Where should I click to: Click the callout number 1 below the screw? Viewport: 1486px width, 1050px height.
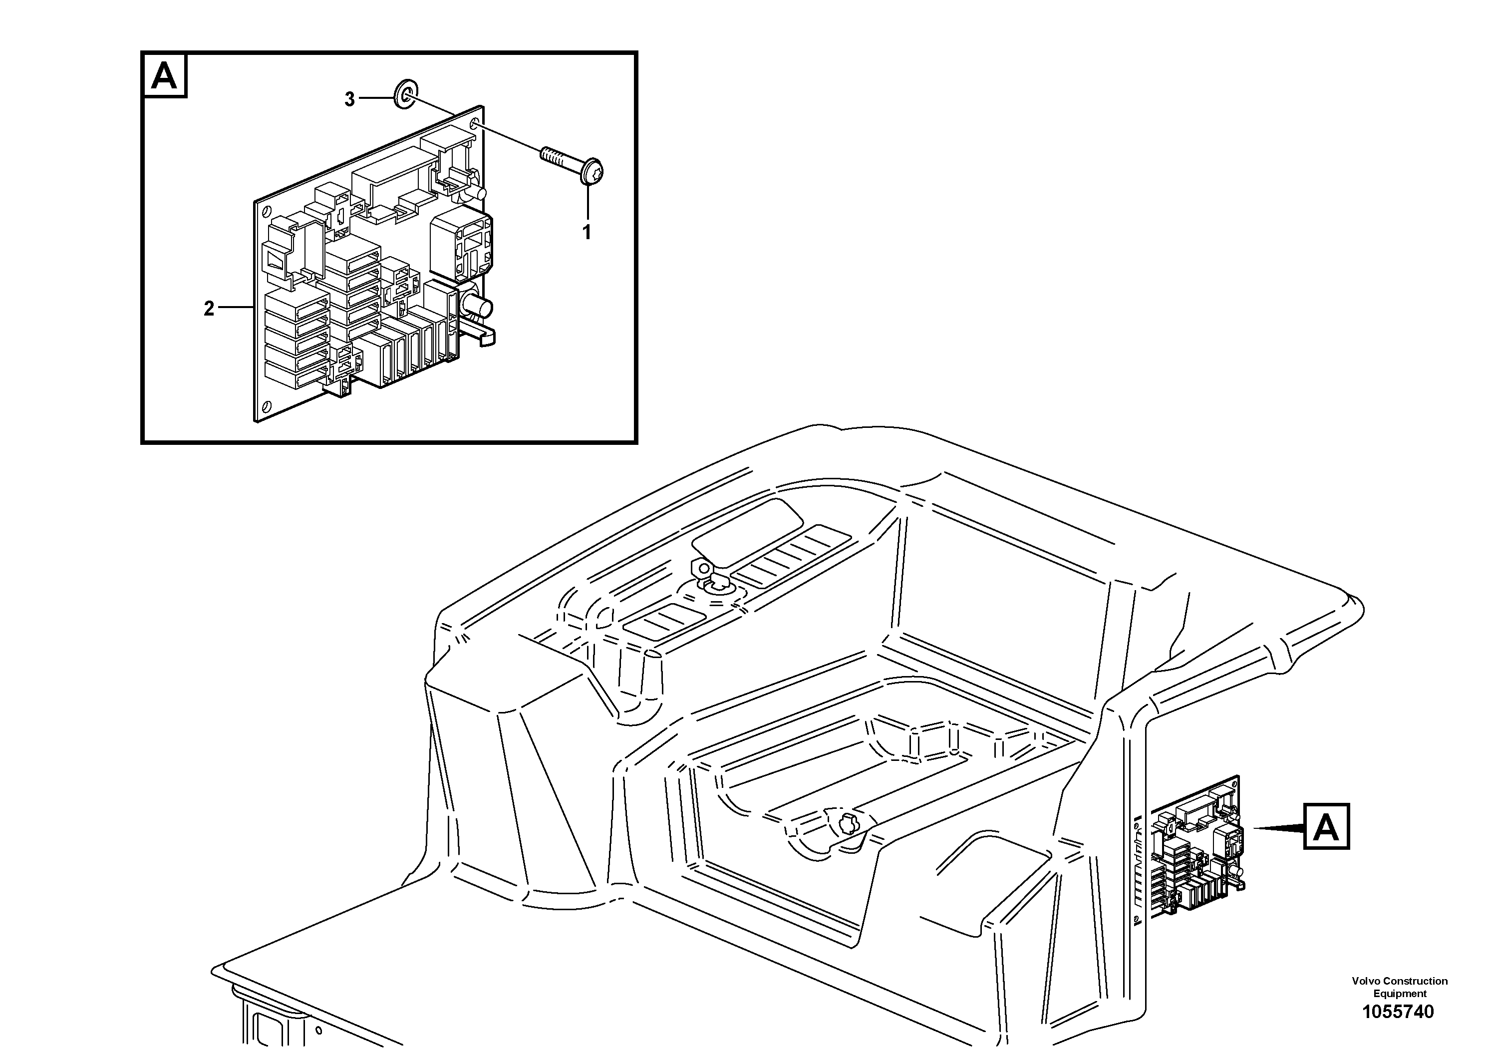coord(587,232)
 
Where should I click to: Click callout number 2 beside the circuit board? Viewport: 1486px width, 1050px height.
coord(209,309)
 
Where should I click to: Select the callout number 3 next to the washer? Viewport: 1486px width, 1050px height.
coord(349,100)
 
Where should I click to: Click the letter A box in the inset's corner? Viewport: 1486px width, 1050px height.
coord(164,76)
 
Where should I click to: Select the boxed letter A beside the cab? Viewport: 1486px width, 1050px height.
coord(1326,827)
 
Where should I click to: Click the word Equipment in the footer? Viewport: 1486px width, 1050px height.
coord(1399,994)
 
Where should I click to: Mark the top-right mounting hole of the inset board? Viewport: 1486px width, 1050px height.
coord(476,124)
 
